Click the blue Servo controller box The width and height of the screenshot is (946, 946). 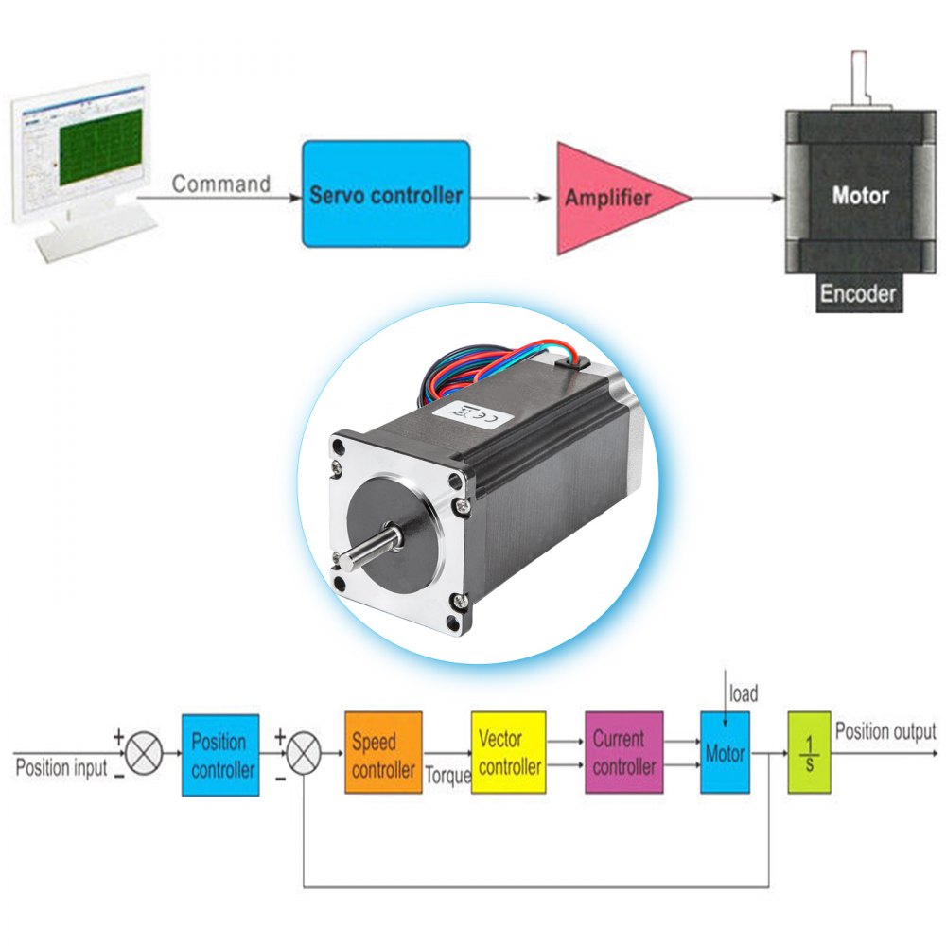click(x=385, y=195)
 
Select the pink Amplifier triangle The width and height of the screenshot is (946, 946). click(x=610, y=199)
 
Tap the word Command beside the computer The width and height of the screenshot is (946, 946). click(x=220, y=184)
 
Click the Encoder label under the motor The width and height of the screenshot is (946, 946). click(x=857, y=293)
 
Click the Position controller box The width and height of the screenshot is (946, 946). click(x=220, y=755)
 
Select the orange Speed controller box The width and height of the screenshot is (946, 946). click(x=383, y=754)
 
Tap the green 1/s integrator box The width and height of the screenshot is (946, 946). click(x=810, y=752)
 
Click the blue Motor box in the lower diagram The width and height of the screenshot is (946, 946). click(x=725, y=753)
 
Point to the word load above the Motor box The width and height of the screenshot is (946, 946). click(x=743, y=694)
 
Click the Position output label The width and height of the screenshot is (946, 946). click(x=885, y=731)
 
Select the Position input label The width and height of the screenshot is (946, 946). click(x=61, y=767)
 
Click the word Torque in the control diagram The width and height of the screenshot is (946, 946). click(x=447, y=776)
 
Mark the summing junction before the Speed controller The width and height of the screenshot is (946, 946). click(x=303, y=754)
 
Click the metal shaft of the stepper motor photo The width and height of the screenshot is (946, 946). click(x=363, y=551)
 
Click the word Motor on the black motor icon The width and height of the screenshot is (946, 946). click(x=860, y=196)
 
